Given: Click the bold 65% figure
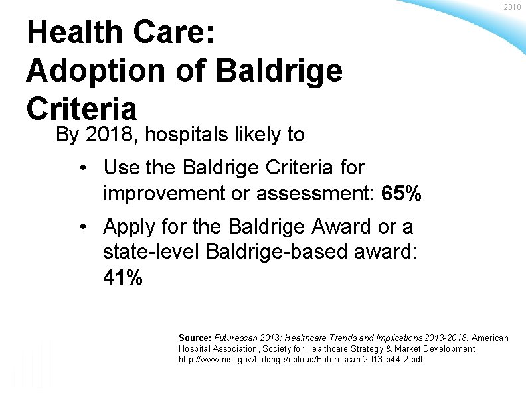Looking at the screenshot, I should coord(401,194).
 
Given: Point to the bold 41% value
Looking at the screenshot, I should coord(123,278).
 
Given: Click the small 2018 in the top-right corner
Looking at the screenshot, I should coord(512,7).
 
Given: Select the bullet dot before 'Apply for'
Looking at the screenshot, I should coord(84,228).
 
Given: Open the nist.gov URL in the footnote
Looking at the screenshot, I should coord(302,359).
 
